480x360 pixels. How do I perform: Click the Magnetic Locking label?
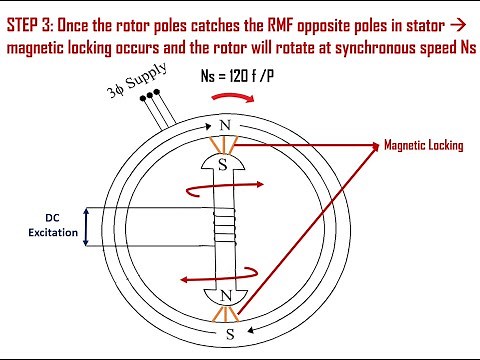pos(424,145)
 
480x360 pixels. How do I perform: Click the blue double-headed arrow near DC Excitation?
pos(86,227)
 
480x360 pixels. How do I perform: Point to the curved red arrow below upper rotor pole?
pos(262,186)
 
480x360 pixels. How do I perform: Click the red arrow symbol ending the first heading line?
pos(464,17)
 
